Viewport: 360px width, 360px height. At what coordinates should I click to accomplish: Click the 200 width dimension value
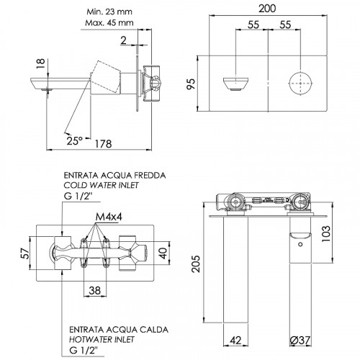click(x=267, y=9)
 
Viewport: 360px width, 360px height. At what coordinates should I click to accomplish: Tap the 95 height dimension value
click(x=192, y=84)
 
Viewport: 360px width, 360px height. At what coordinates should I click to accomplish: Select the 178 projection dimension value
click(x=104, y=144)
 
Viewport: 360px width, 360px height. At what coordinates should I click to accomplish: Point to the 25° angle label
click(x=75, y=141)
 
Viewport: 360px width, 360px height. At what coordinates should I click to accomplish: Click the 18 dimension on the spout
click(x=41, y=63)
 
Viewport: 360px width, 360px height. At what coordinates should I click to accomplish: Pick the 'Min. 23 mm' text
click(x=109, y=12)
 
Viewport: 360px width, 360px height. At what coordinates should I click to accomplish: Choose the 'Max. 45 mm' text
click(x=109, y=23)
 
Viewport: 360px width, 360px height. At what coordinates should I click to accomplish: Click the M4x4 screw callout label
click(x=109, y=217)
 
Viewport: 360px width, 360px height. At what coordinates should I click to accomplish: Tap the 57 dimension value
click(x=25, y=253)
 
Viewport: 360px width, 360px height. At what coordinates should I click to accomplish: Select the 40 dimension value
click(x=163, y=253)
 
